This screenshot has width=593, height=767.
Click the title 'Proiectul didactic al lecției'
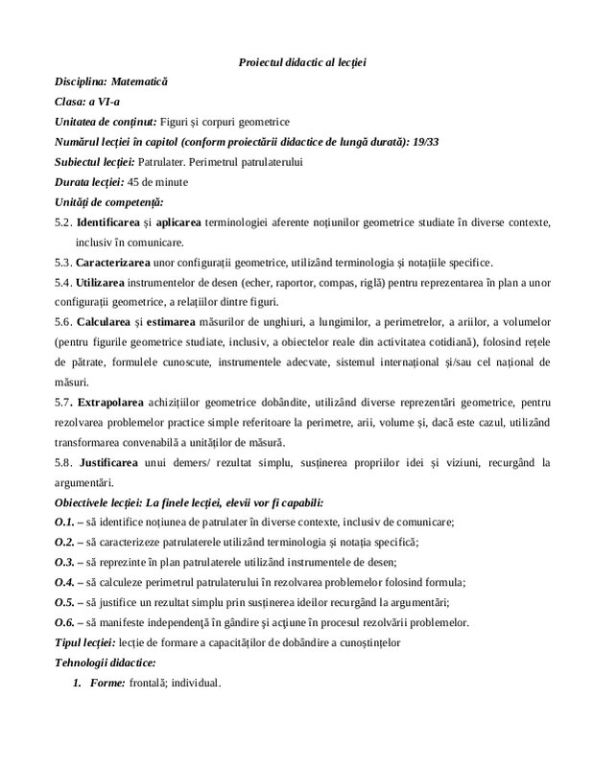302,63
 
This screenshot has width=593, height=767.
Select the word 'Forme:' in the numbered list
108,684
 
